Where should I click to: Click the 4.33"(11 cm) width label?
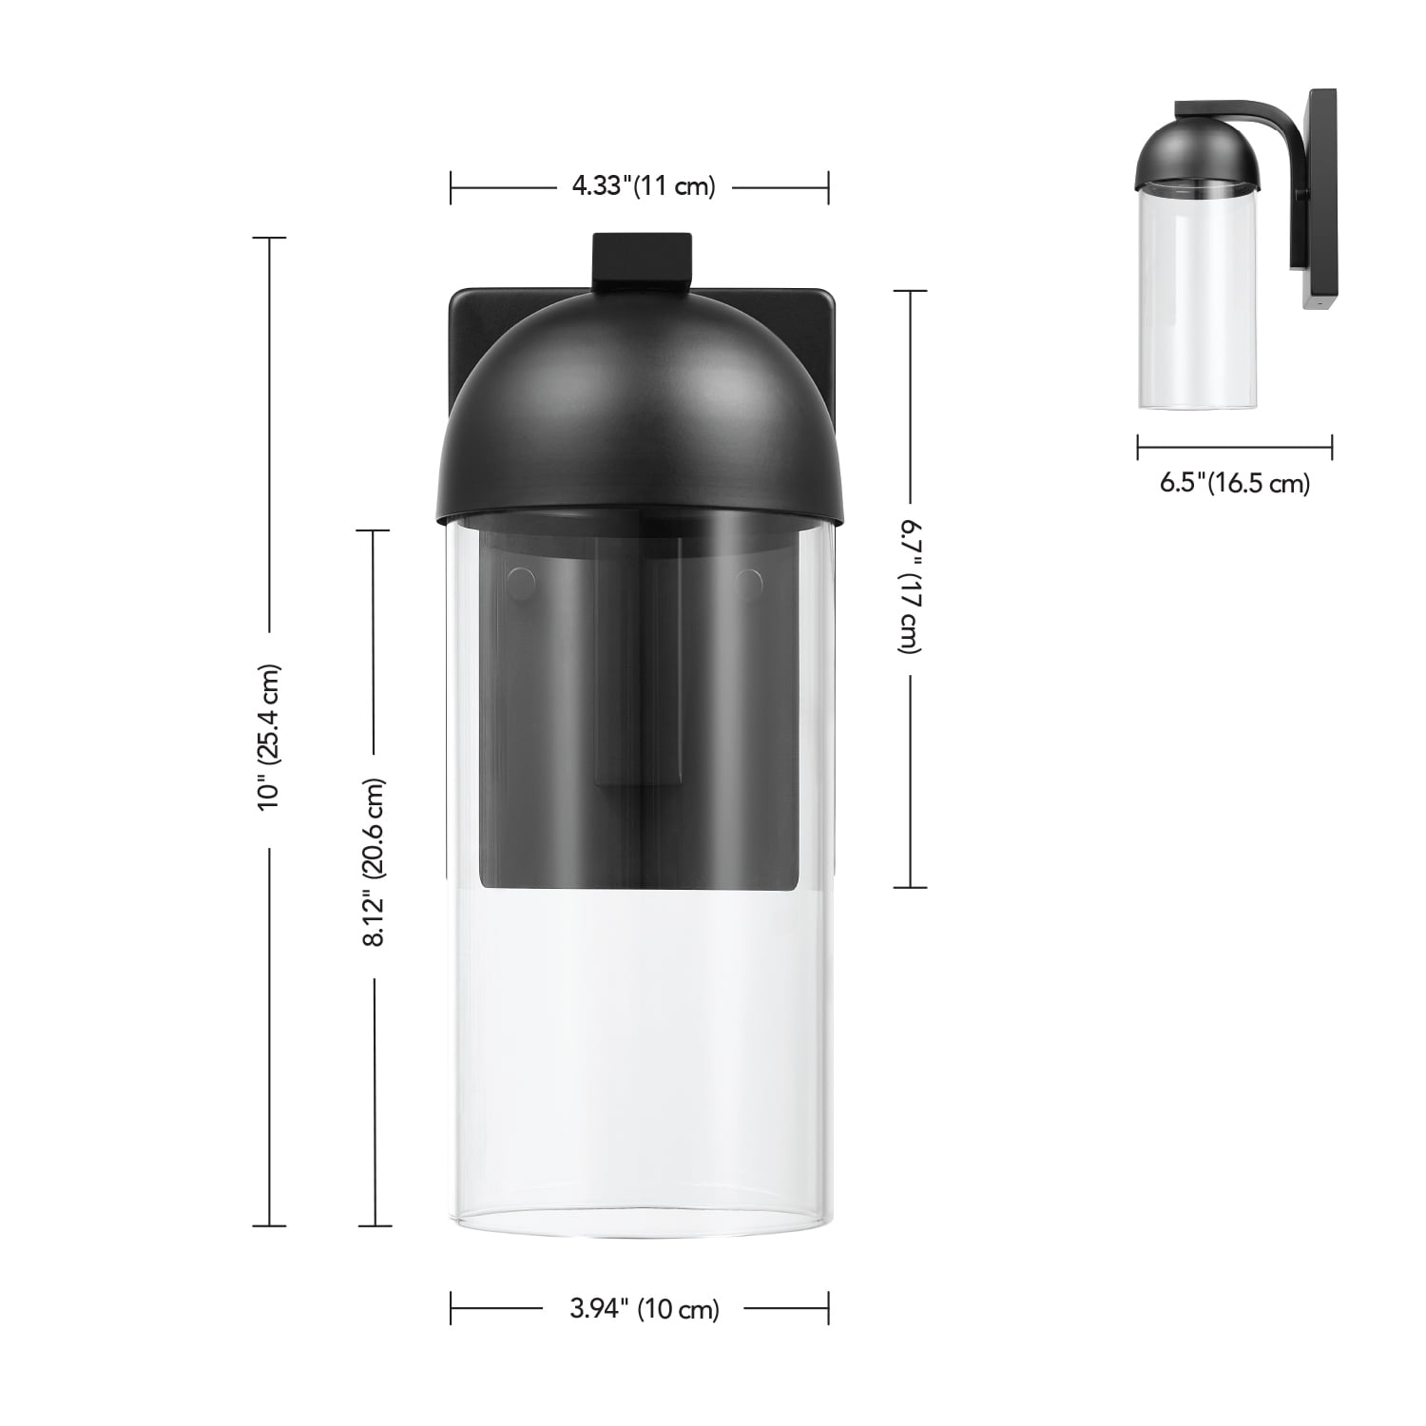pyautogui.click(x=643, y=186)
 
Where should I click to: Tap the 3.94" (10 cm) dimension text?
pyautogui.click(x=645, y=1309)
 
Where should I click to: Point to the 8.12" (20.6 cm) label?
pyautogui.click(x=375, y=862)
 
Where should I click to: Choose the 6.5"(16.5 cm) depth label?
pyautogui.click(x=1234, y=483)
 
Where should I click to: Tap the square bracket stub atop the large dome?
pyautogui.click(x=642, y=258)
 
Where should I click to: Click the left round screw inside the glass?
pyautogui.click(x=521, y=580)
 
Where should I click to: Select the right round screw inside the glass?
pyautogui.click(x=749, y=580)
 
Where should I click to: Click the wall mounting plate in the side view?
pyautogui.click(x=1320, y=200)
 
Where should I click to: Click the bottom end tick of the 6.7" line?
pyautogui.click(x=911, y=887)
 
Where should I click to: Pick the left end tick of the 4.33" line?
pyautogui.click(x=451, y=187)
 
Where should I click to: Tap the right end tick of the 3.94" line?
pyautogui.click(x=828, y=1308)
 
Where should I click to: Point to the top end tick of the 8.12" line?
pyautogui.click(x=375, y=530)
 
